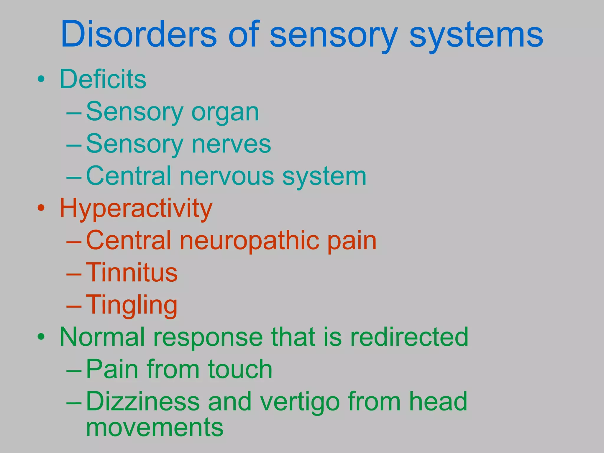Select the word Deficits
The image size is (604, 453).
(103, 79)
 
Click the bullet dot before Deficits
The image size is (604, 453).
(41, 79)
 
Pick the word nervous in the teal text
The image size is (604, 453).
(227, 176)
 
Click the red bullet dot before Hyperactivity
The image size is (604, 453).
(41, 208)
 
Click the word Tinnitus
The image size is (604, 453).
(132, 273)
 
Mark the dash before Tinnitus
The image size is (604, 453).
(74, 274)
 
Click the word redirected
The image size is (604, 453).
(409, 337)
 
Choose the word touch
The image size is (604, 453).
(240, 369)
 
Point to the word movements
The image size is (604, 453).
(155, 427)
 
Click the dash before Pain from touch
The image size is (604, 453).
(74, 371)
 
